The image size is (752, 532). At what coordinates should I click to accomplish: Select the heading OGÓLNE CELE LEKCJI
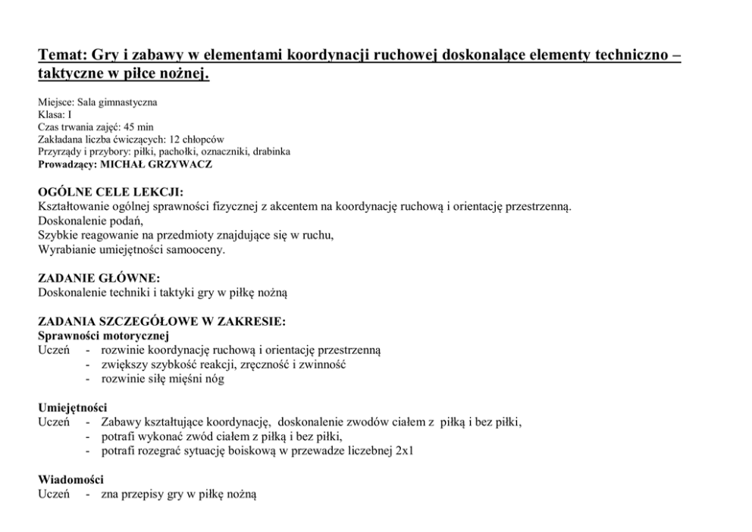(110, 193)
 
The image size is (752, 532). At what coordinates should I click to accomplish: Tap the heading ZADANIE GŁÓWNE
(99, 278)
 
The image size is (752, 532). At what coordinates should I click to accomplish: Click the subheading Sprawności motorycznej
(103, 336)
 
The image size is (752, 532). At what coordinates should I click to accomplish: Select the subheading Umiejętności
(72, 408)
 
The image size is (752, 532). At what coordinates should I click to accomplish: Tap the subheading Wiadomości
(70, 480)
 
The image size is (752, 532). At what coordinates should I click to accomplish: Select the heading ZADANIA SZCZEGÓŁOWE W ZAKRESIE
(161, 321)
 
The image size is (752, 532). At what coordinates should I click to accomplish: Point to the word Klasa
(49, 115)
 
